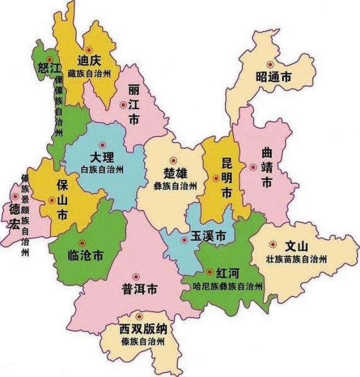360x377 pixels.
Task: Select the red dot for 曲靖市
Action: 253,167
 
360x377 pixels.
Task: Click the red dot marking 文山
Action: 273,244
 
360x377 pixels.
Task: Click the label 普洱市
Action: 139,289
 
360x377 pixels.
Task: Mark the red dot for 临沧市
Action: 80,243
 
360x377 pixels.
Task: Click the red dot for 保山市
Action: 52,200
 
